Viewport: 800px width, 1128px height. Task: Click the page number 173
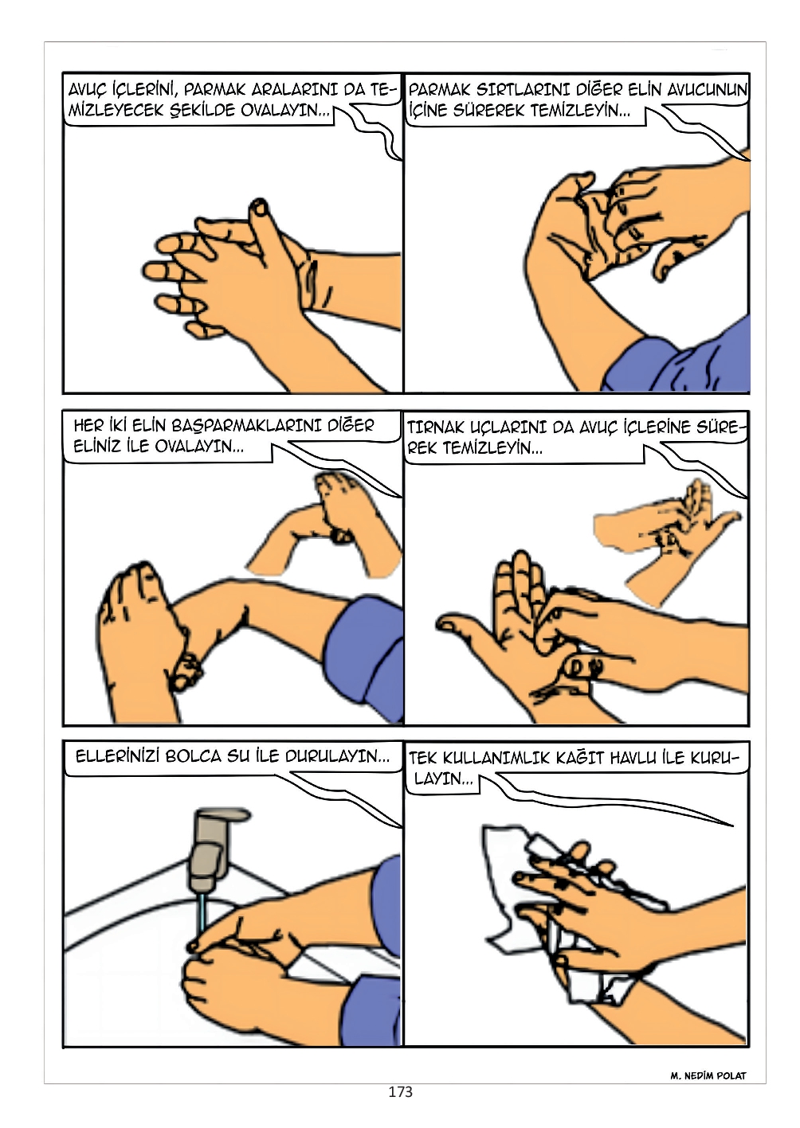click(x=400, y=1091)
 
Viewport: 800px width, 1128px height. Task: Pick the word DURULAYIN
click(x=337, y=756)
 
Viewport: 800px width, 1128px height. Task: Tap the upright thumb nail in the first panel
click(x=260, y=206)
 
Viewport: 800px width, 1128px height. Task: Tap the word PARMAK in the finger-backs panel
click(x=440, y=90)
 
